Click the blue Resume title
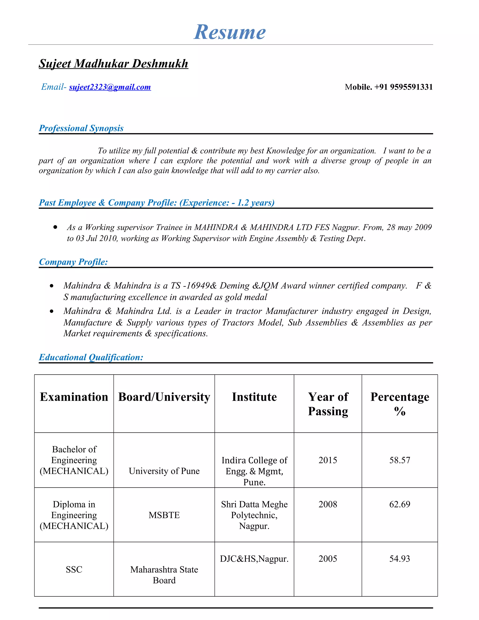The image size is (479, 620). [230, 32]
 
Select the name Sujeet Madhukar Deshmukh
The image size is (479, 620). [113, 64]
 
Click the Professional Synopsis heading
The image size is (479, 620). [81, 128]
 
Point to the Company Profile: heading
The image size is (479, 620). [73, 262]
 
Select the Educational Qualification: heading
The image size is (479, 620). [91, 357]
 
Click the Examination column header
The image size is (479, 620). [74, 397]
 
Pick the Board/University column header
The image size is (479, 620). [164, 397]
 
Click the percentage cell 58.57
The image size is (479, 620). [399, 460]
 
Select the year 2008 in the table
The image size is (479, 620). [328, 504]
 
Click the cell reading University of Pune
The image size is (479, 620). [164, 471]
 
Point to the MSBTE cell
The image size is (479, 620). [164, 515]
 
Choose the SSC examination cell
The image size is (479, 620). [74, 569]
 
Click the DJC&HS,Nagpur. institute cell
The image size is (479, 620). [254, 559]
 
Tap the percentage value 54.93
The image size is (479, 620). [399, 559]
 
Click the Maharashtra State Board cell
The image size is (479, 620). [164, 575]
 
